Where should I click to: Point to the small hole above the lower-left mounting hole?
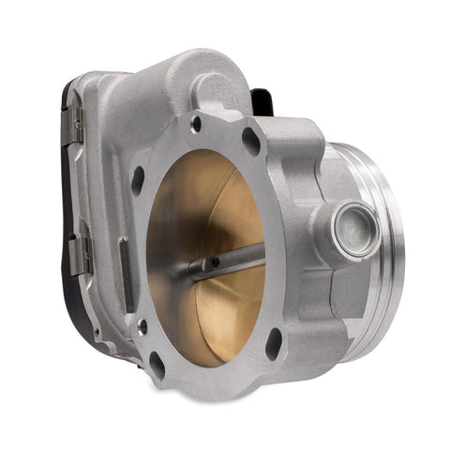[x=142, y=327]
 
